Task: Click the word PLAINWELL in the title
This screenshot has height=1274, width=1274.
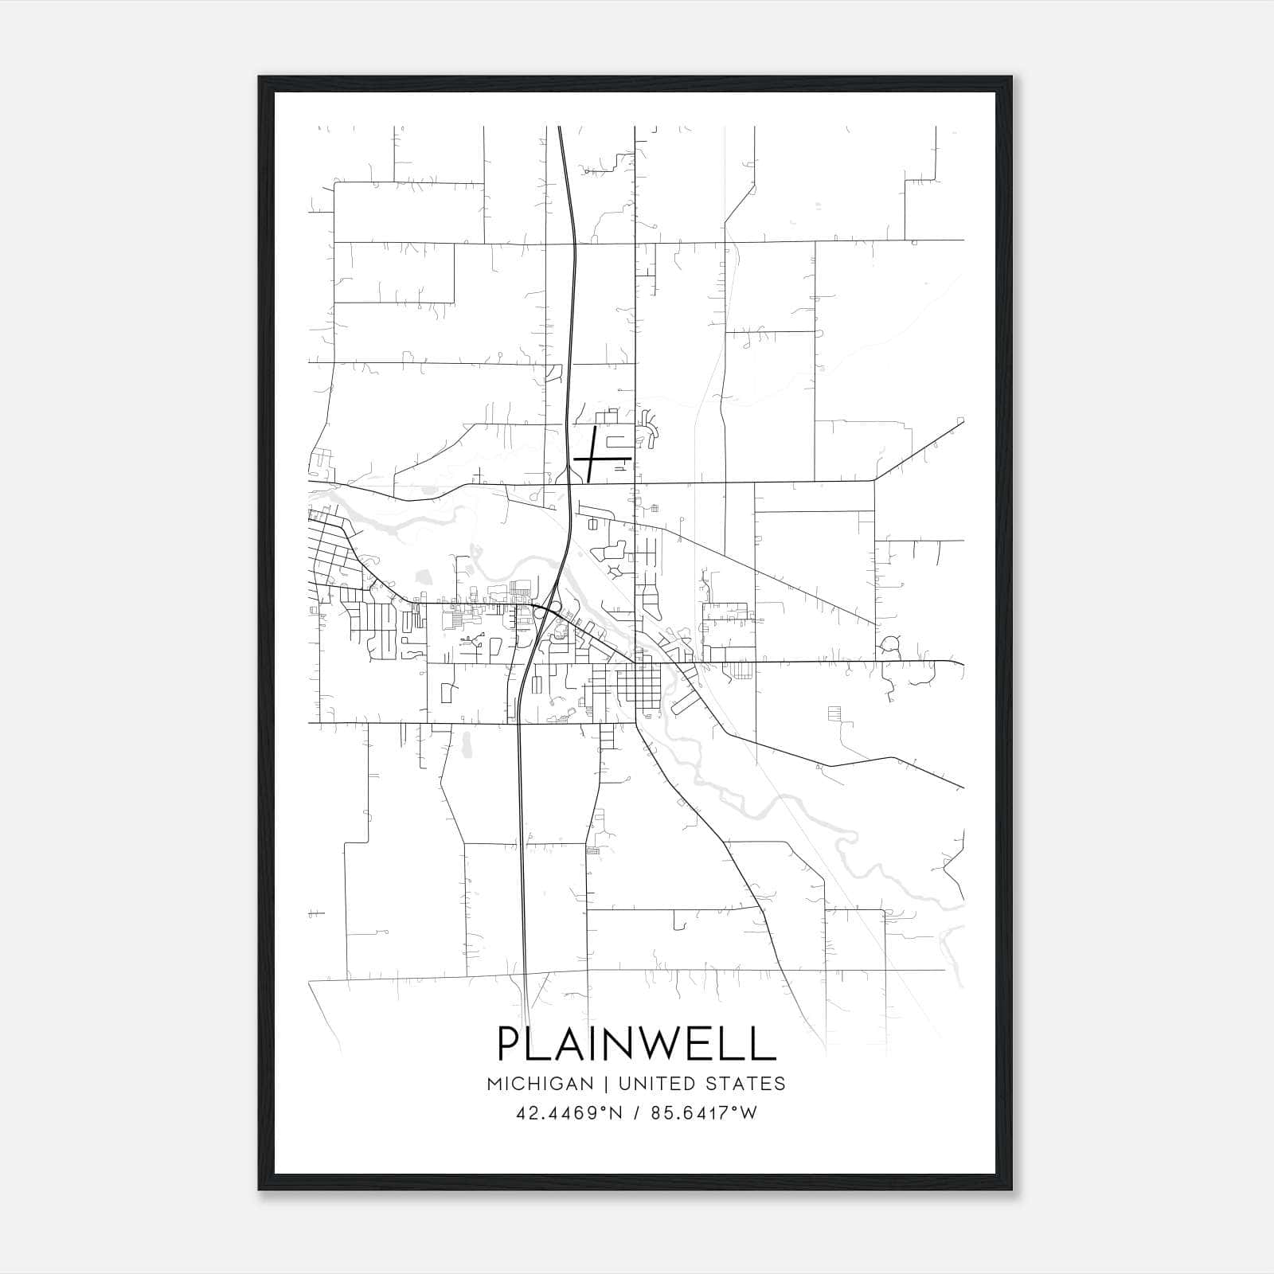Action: pyautogui.click(x=636, y=1044)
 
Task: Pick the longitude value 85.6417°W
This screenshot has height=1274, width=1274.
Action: pyautogui.click(x=704, y=1112)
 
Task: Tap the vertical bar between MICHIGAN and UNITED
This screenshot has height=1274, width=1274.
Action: pyautogui.click(x=606, y=1084)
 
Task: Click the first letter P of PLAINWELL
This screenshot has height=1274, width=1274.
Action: pyautogui.click(x=510, y=1044)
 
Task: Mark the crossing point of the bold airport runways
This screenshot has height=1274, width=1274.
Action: pyautogui.click(x=592, y=459)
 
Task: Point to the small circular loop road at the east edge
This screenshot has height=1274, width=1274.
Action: pyautogui.click(x=890, y=643)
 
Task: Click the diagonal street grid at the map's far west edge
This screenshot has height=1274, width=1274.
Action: pyautogui.click(x=330, y=549)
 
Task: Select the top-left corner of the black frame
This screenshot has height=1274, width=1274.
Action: pyautogui.click(x=260, y=77)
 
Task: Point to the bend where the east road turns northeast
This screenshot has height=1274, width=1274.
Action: pyautogui.click(x=874, y=480)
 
